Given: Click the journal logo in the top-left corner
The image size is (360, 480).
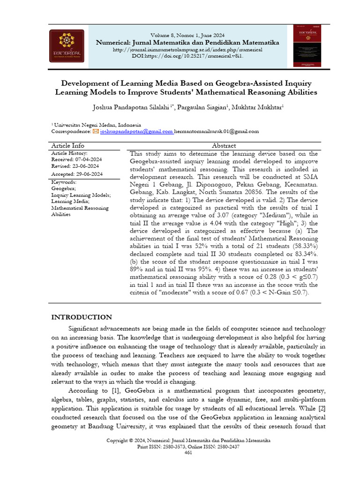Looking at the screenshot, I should tap(67, 46).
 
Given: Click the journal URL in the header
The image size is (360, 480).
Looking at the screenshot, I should tap(187, 49).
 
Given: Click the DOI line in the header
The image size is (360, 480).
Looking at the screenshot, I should tap(187, 56).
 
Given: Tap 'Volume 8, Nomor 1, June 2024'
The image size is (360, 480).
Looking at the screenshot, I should tap(187, 36).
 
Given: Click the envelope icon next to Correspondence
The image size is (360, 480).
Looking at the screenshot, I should tap(96, 132).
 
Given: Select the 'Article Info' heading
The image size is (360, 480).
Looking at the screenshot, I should tap(67, 146).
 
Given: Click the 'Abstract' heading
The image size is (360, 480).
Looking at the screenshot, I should tap(224, 146).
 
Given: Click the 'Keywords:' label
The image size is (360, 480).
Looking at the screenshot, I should tap(64, 181).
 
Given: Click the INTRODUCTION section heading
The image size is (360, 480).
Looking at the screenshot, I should tap(82, 317).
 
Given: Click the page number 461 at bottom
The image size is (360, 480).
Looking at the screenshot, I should tap(188, 452).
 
